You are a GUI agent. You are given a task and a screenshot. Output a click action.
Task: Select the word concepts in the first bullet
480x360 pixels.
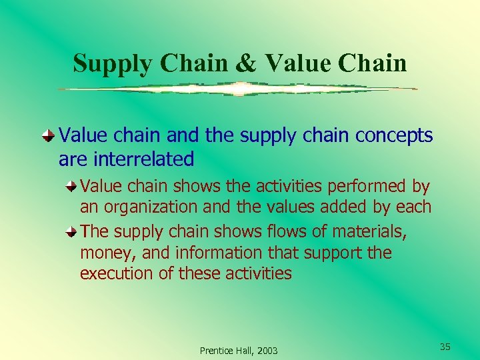[394, 136]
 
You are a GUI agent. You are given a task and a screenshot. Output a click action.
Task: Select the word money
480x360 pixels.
[101, 253]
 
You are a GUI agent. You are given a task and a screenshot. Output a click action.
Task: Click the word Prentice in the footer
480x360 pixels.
[216, 351]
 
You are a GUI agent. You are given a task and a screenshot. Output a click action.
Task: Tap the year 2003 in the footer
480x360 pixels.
[267, 351]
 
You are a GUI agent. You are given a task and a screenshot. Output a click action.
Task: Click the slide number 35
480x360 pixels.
[445, 347]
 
